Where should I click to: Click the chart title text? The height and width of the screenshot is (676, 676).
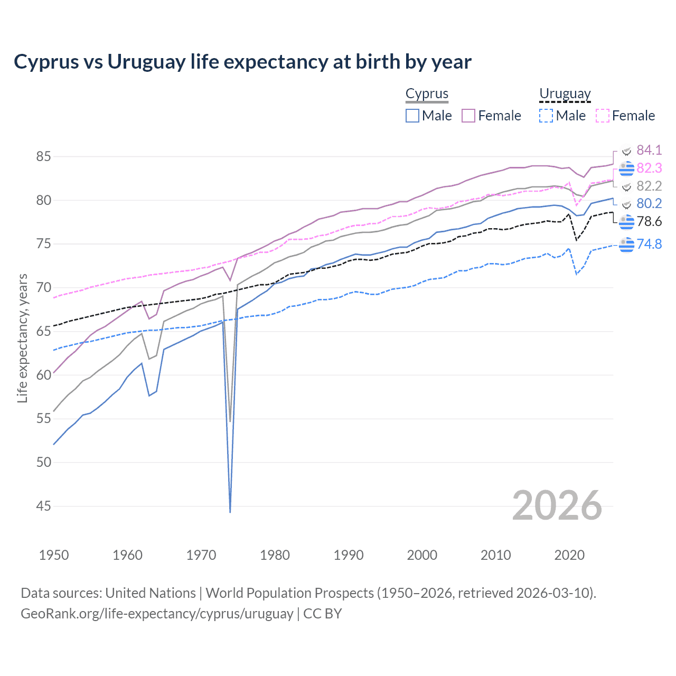pos(242,62)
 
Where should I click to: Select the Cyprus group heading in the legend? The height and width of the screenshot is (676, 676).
pos(427,93)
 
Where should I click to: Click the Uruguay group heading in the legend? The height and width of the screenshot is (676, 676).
pos(565,93)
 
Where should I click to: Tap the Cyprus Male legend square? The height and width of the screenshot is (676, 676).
pos(412,116)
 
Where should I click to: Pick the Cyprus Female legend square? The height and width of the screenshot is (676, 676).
pos(468,116)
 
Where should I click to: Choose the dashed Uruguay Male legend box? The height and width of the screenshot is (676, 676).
pos(546,116)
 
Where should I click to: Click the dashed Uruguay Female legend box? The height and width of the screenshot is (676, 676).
pos(602,116)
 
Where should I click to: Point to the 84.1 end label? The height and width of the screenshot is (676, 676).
pos(649,150)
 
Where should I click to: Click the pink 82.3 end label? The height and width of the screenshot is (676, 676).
pos(649,168)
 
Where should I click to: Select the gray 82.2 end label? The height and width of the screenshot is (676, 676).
pos(649,186)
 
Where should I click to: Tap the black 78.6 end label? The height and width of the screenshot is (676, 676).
pos(649,221)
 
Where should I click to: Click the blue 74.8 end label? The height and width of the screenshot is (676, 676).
pos(649,244)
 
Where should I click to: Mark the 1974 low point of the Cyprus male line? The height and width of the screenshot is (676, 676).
pos(230,511)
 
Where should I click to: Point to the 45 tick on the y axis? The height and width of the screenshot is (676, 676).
pos(44,506)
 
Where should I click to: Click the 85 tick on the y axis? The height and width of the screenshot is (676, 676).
pos(44,156)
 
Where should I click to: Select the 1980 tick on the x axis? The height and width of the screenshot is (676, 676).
pos(275,555)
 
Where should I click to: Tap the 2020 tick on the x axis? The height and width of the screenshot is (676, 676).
pos(569,555)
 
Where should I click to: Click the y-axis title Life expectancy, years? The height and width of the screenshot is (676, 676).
pos(23,338)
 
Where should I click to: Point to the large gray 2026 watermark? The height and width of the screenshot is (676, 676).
pos(557,506)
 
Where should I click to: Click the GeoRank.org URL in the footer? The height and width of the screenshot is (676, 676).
pos(157,614)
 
